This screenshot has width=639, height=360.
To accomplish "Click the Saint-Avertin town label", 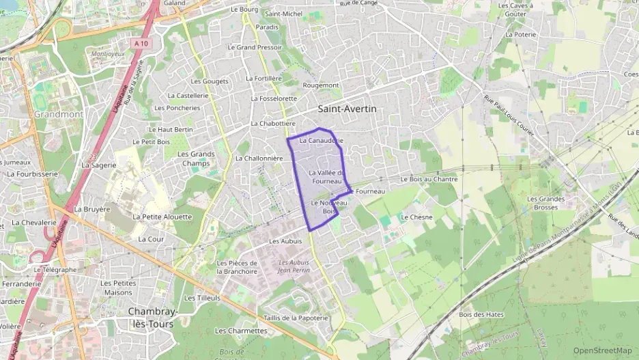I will click(347, 109).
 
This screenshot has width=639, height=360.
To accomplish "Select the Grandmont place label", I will click(58, 115).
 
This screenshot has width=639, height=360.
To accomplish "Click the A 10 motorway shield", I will click(141, 43).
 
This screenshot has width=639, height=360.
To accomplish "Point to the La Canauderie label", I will click(321, 141).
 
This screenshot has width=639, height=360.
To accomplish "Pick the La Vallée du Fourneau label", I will click(325, 177).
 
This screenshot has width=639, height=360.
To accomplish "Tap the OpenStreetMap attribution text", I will click(602, 350).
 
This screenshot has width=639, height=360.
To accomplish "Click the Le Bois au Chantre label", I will click(429, 179).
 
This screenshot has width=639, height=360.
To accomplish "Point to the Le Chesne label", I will click(416, 217).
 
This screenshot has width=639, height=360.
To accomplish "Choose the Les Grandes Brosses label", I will click(546, 203).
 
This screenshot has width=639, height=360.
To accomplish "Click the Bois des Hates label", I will click(477, 314).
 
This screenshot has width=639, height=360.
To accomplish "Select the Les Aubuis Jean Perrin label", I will click(294, 266).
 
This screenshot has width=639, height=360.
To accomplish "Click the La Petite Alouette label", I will click(162, 217).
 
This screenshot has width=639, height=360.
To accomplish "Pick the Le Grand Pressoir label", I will click(255, 47).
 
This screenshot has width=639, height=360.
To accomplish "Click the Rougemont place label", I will click(321, 85).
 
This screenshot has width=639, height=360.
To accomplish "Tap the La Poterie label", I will click(521, 33).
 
